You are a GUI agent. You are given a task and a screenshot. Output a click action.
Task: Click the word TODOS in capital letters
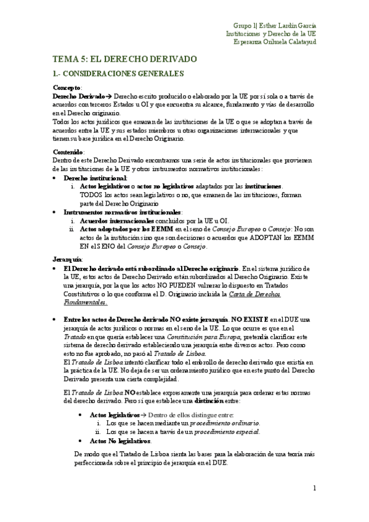pyautogui.click(x=92, y=195)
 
